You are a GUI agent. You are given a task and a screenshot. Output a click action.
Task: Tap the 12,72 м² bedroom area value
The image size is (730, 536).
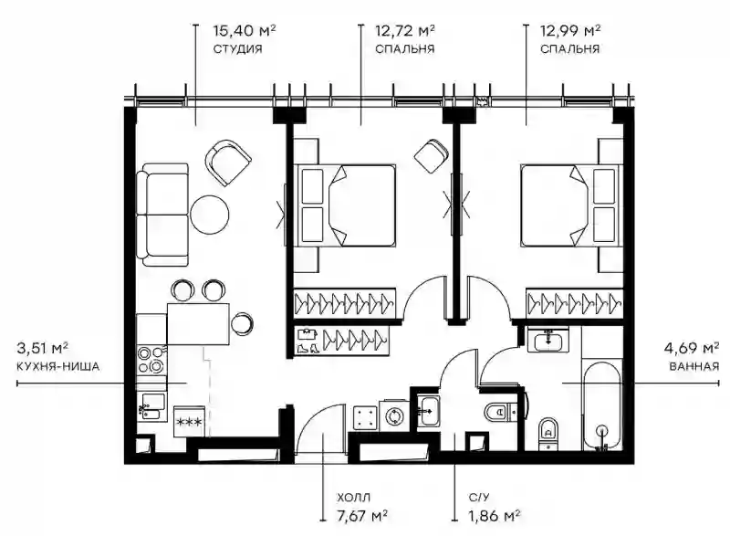[405, 31]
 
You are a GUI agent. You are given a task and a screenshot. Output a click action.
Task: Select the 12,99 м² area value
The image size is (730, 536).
[569, 31]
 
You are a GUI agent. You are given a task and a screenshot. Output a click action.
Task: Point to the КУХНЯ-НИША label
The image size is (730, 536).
[57, 366]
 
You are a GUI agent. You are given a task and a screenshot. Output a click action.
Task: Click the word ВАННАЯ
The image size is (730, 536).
[694, 366]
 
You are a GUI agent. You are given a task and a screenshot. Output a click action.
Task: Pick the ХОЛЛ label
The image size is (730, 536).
[354, 499]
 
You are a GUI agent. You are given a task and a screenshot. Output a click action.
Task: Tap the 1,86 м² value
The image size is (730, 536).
[494, 516]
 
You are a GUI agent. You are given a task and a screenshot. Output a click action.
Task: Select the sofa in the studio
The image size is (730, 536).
[162, 215]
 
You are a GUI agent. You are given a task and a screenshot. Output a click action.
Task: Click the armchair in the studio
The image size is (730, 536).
[228, 163]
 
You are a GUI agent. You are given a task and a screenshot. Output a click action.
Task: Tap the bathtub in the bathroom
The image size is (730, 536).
[601, 404]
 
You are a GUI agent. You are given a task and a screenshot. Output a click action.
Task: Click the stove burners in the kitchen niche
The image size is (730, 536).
[151, 360]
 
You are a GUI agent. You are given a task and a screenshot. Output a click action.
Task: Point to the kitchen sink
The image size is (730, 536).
[151, 406]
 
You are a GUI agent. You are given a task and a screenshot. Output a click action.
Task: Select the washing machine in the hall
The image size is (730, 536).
[395, 415]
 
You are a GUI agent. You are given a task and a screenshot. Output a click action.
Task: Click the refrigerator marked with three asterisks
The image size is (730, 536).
[189, 422]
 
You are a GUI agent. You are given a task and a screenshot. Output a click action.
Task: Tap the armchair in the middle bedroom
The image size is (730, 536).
[432, 156]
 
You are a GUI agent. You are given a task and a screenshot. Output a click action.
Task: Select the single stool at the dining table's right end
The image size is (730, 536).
[242, 323]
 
